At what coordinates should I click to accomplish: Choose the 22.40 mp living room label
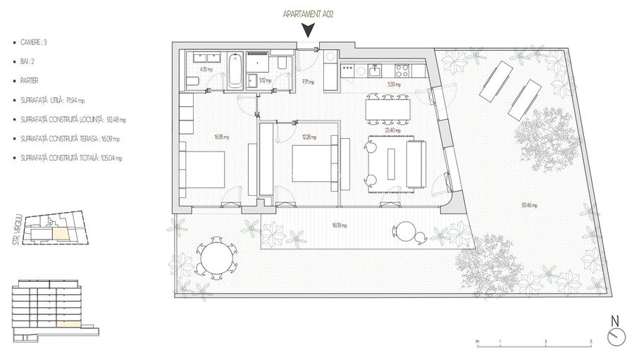(392, 130)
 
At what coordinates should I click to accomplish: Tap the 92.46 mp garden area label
(529, 206)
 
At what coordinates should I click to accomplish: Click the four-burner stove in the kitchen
(402, 70)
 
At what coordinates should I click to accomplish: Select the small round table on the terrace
(406, 232)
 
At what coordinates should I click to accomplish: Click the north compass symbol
(615, 336)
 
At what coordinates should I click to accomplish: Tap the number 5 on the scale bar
(590, 342)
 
